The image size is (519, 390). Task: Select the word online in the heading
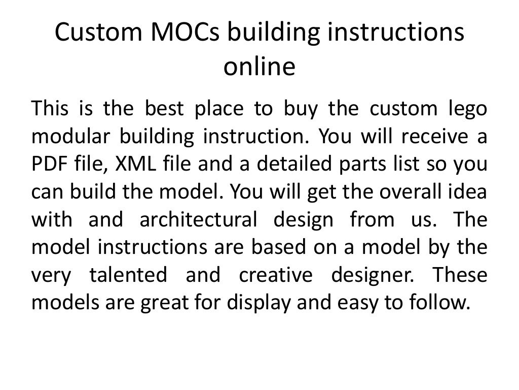click(259, 67)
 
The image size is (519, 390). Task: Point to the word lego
click(467, 110)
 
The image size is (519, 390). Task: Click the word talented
click(128, 275)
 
